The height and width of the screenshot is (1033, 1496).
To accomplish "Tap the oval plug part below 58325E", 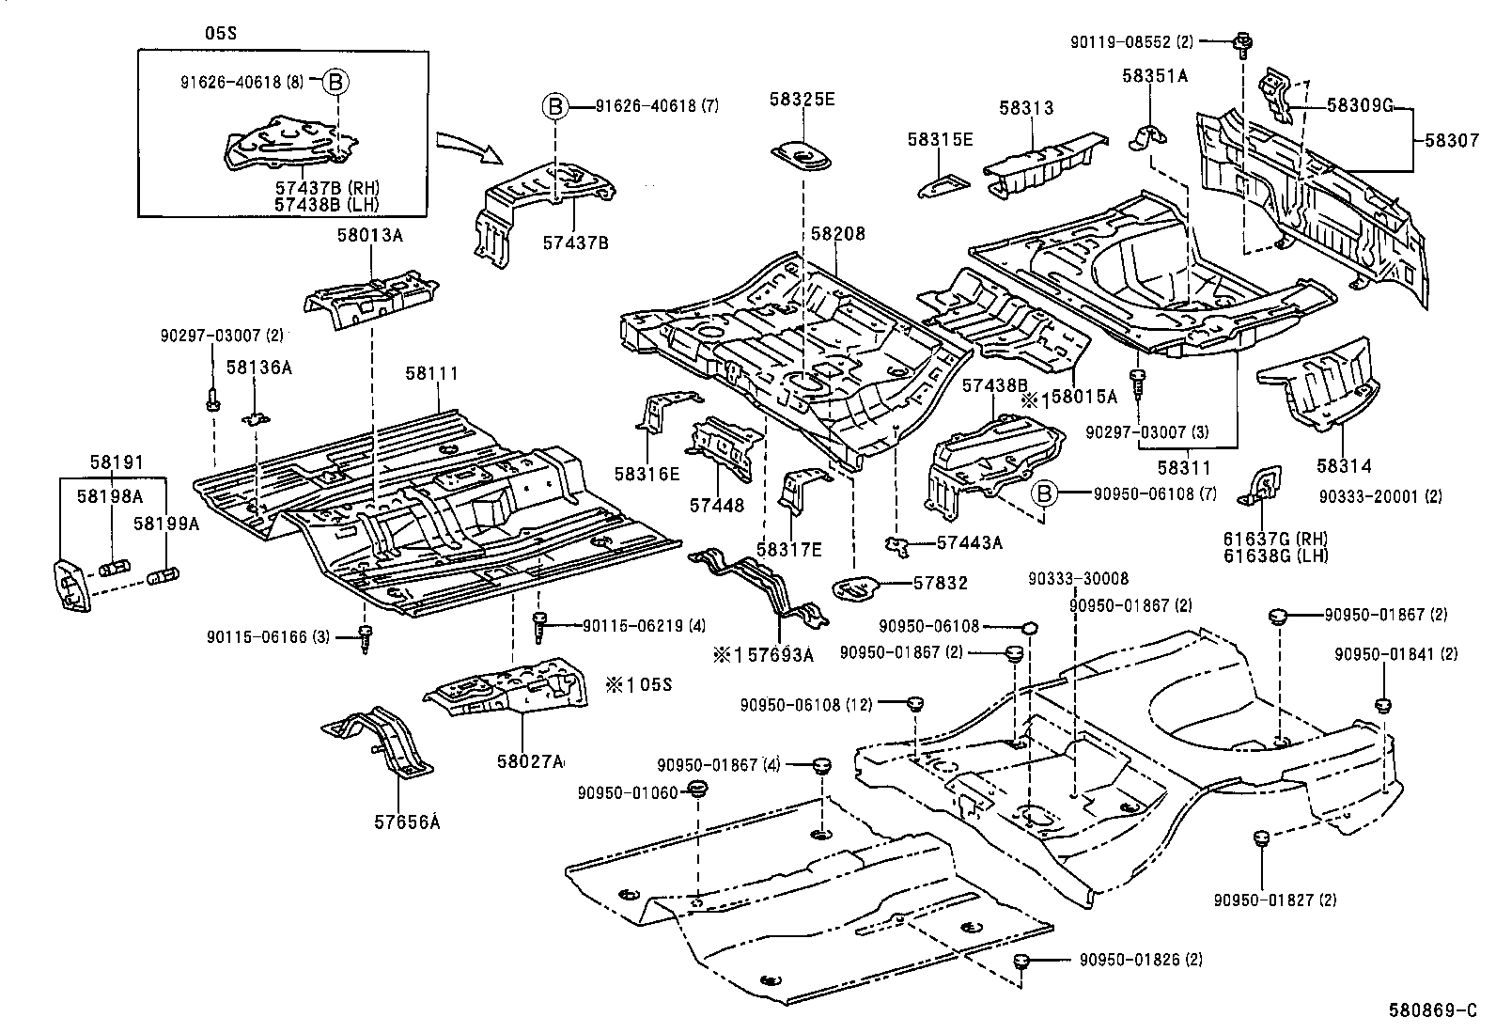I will (x=803, y=156).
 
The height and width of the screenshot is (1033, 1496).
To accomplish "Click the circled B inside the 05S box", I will (x=335, y=82).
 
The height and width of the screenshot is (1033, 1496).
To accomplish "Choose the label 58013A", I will (x=370, y=236).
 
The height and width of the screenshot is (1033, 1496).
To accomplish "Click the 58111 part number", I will (x=431, y=373).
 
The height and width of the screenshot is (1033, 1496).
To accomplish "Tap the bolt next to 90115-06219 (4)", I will (x=539, y=624).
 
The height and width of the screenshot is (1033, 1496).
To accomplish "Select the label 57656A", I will (x=406, y=822).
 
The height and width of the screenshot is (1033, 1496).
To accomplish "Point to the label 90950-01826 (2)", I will (x=1140, y=960).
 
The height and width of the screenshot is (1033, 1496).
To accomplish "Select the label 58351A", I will (x=1154, y=75).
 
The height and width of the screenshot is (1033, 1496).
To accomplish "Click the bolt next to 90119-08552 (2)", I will (x=1243, y=42).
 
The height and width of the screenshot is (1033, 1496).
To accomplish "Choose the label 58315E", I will (x=940, y=139).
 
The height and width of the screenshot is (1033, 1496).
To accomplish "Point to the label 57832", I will (x=940, y=584).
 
